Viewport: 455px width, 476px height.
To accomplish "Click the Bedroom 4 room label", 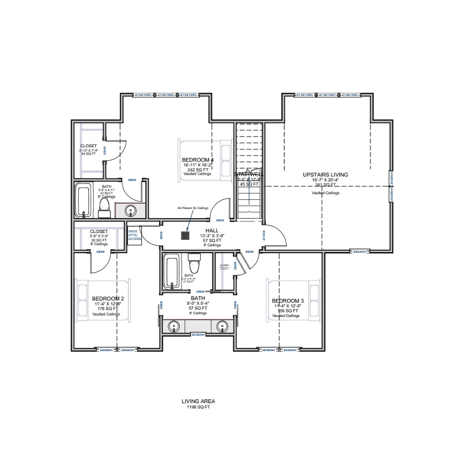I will (198, 160).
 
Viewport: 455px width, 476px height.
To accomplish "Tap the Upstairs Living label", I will (325, 175).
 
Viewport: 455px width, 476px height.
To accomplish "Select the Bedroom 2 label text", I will (108, 299).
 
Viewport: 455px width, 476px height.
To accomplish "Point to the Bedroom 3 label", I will (287, 301).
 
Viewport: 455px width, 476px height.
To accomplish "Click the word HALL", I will (212, 230).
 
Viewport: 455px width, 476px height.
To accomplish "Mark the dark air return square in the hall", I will (185, 235).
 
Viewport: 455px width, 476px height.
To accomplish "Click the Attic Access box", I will (134, 235).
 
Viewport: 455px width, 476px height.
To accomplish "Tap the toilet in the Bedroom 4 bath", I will (104, 208).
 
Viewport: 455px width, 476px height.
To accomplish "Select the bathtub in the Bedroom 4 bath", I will (83, 200).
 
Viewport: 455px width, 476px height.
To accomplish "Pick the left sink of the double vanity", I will (174, 326).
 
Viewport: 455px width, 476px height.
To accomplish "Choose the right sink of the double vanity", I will (223, 326).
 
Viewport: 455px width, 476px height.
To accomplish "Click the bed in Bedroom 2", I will (103, 301).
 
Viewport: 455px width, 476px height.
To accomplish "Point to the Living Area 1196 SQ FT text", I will (198, 404).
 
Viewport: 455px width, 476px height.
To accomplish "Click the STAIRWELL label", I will (249, 175).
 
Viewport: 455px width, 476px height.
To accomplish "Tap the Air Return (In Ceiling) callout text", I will (193, 208).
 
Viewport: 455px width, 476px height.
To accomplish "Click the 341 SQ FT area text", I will (325, 185).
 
